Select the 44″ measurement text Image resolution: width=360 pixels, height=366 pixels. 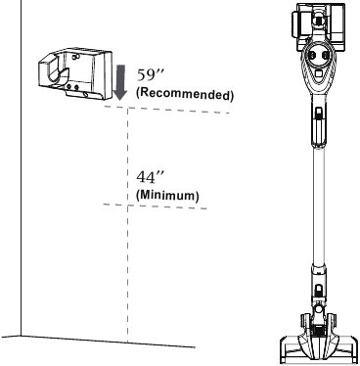click(146, 178)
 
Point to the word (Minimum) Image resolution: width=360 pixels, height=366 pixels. click(167, 195)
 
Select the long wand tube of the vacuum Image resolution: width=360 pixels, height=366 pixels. click(317, 206)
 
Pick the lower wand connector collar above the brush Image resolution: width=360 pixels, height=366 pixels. click(317, 286)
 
